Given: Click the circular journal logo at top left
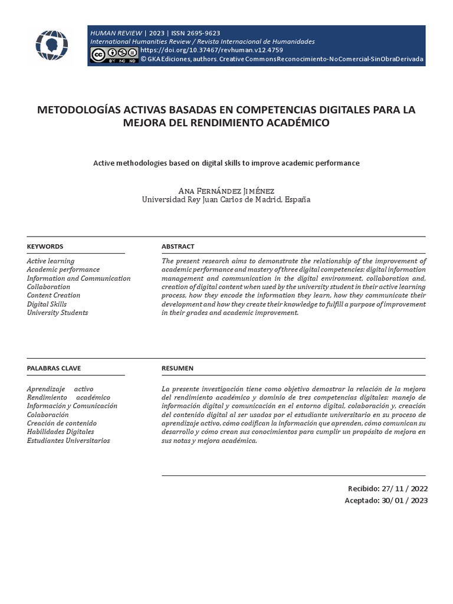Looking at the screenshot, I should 52,45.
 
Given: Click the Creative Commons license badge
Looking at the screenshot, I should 113,55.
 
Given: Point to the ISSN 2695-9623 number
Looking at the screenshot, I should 195,33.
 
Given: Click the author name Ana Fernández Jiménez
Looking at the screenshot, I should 226,191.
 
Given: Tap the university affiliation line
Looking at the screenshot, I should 226,200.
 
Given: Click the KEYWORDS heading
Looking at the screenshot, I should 45,247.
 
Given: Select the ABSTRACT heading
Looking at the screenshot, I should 178,247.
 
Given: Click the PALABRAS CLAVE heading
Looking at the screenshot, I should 54,368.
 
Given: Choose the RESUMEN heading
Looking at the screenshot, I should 177,368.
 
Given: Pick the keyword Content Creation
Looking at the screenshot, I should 54,296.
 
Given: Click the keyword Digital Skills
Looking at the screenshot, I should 47,304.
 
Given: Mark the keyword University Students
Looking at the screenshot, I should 57,313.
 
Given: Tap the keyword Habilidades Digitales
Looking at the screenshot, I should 60,432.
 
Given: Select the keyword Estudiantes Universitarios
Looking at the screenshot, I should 68,441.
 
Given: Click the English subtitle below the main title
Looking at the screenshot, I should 226,162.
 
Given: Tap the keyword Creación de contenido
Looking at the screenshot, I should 61,424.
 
